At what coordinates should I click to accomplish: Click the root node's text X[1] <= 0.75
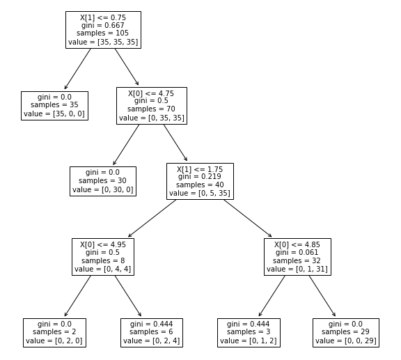click(x=103, y=17)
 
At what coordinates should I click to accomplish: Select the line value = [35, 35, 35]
click(x=103, y=42)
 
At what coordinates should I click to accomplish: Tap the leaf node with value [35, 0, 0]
click(x=54, y=106)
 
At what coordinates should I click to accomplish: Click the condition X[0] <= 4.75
click(x=152, y=92)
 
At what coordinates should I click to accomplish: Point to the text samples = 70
click(x=152, y=109)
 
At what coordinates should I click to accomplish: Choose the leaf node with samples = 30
click(x=103, y=181)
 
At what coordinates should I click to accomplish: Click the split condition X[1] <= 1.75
click(x=200, y=168)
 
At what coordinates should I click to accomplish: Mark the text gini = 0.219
click(x=200, y=177)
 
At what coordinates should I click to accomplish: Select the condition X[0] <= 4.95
click(x=103, y=244)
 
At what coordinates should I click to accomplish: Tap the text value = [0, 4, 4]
click(x=103, y=269)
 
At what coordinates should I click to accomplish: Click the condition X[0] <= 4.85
click(x=297, y=244)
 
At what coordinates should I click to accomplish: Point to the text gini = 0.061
click(x=297, y=252)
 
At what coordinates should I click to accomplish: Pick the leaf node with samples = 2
click(x=54, y=333)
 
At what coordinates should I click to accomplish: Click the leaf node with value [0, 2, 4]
click(x=152, y=333)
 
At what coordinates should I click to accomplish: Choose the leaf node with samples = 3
click(x=249, y=333)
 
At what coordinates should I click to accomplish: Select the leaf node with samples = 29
click(x=346, y=333)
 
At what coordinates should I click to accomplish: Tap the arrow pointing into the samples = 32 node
click(x=248, y=218)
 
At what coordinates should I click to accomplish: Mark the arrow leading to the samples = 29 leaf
click(x=322, y=297)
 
